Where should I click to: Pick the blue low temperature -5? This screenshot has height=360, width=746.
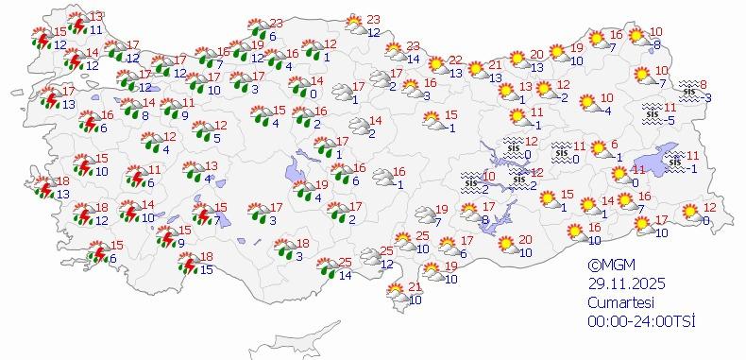click(x=670, y=120)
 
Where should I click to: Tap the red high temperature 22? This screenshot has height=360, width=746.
click(x=455, y=60)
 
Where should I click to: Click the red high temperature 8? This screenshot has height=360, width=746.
click(x=704, y=85)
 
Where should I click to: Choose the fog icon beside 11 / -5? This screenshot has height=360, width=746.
click(x=652, y=113)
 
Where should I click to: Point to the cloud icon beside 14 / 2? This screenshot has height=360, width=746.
click(x=358, y=127)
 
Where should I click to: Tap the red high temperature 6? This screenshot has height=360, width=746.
click(x=614, y=145)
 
